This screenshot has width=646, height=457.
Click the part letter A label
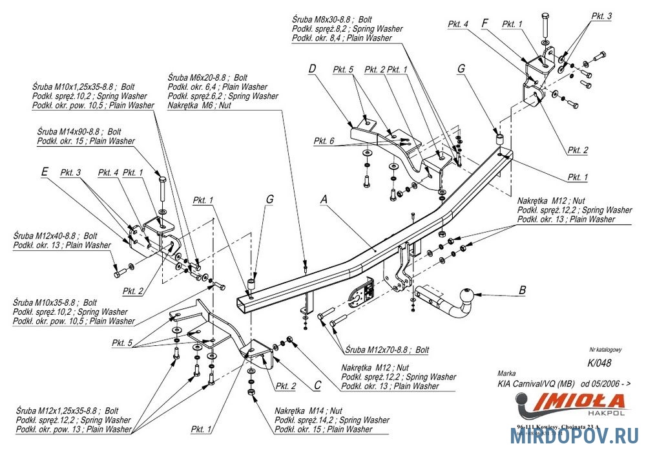click(325, 201)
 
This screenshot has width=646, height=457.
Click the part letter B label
click(521, 291)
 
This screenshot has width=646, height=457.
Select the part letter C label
click(317, 385)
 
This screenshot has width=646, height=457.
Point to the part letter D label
click(312, 68)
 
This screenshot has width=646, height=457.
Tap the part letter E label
click(44, 172)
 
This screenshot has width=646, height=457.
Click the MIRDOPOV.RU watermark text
click(575, 438)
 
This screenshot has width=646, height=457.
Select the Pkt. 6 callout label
click(324, 141)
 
